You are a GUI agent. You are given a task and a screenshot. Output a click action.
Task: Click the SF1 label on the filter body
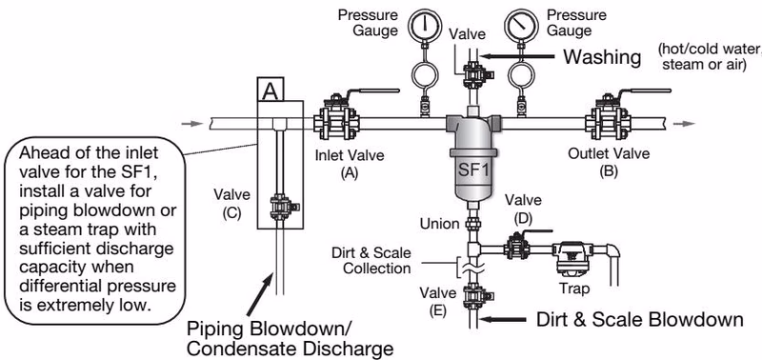pyautogui.click(x=471, y=171)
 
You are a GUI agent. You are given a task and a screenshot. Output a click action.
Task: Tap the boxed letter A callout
pyautogui.click(x=271, y=90)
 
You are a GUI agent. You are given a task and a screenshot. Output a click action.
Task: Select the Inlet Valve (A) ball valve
pyautogui.click(x=337, y=116)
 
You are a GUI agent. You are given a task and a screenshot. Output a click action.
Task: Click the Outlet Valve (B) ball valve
pyautogui.click(x=609, y=116)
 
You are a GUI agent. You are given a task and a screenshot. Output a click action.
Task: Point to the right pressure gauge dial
pyautogui.click(x=521, y=26)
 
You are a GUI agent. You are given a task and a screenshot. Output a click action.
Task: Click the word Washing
pyautogui.click(x=602, y=57)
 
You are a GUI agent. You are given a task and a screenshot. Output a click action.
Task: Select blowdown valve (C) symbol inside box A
pyautogui.click(x=281, y=208)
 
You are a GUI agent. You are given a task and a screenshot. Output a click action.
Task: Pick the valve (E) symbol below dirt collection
pyautogui.click(x=474, y=297)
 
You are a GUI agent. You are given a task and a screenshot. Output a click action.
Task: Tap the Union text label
pyautogui.click(x=440, y=224)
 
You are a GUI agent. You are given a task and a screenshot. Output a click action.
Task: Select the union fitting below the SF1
pyautogui.click(x=473, y=225)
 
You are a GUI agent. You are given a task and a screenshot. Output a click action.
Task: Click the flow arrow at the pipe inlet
pyautogui.click(x=192, y=124)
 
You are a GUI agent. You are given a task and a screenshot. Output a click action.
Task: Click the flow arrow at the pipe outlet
pyautogui.click(x=684, y=124)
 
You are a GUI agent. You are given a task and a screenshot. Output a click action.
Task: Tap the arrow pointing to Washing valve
pyautogui.click(x=516, y=57)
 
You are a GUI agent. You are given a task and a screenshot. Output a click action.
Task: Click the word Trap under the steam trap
pyautogui.click(x=574, y=289)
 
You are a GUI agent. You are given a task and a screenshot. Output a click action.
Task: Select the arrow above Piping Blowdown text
pyautogui.click(x=259, y=295)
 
